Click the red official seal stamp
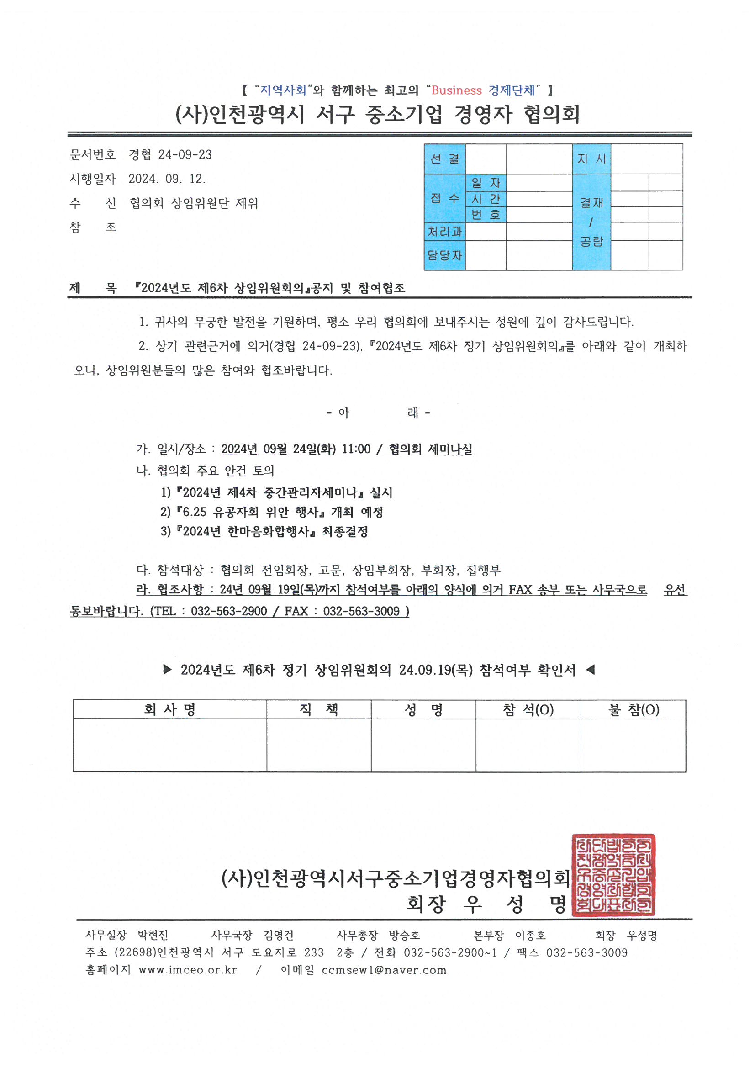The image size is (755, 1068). tap(613, 874)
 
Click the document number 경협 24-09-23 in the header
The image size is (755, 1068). tap(170, 155)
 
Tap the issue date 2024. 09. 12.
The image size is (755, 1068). tap(167, 179)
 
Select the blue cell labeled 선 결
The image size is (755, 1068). tap(444, 159)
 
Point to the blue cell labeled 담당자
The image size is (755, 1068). tap(444, 255)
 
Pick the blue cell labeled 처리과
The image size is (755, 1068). tap(444, 232)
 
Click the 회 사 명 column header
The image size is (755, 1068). tap(170, 710)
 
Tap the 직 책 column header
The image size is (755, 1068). tap(319, 710)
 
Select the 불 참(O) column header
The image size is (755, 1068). tap(634, 710)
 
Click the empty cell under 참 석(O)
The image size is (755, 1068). tap(528, 745)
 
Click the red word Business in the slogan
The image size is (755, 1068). tap(456, 90)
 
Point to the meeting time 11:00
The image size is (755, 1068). tap(356, 449)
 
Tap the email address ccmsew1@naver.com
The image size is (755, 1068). tap(384, 970)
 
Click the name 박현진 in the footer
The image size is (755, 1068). tap(153, 936)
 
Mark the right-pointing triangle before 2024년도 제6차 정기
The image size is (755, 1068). tap(168, 670)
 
